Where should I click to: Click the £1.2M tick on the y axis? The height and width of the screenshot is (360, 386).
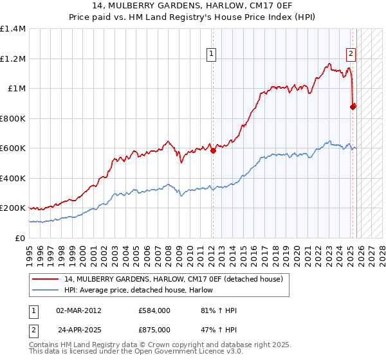pyautogui.click(x=12, y=59)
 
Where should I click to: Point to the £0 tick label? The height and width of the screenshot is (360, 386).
pyautogui.click(x=20, y=238)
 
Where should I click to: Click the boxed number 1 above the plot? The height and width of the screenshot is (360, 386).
pyautogui.click(x=212, y=54)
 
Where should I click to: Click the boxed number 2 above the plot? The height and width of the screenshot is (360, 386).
pyautogui.click(x=351, y=54)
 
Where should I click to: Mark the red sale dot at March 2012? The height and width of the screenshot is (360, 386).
pyautogui.click(x=213, y=151)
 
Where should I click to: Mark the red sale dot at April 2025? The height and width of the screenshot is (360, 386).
pyautogui.click(x=353, y=107)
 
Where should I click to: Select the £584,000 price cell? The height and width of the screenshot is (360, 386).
pyautogui.click(x=154, y=310)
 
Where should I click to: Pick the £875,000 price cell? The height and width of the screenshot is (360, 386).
pyautogui.click(x=154, y=328)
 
